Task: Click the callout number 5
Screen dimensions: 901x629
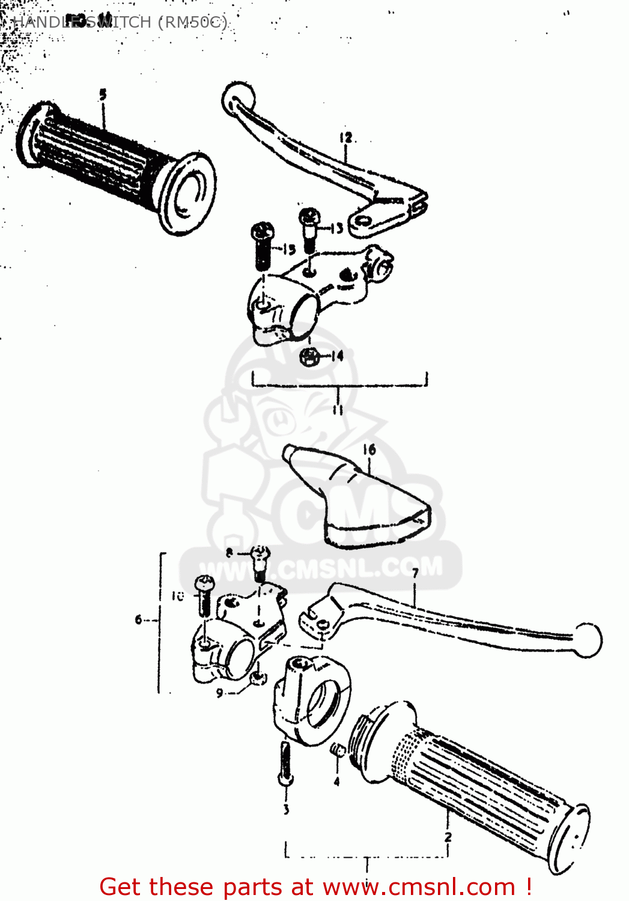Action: click(103, 95)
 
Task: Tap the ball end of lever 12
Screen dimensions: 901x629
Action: click(238, 98)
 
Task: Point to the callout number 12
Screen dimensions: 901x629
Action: click(346, 138)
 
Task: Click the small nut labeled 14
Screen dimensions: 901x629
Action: click(309, 357)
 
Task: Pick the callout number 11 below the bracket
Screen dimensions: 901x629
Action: click(338, 410)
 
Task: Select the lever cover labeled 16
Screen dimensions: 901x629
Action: click(354, 499)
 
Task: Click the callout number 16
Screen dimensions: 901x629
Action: click(369, 449)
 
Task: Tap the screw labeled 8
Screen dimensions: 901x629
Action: click(260, 562)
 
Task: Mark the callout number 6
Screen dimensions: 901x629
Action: click(139, 619)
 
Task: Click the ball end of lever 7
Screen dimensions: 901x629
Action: click(587, 640)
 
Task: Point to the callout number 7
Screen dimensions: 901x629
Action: click(415, 574)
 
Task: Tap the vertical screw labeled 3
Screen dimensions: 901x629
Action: click(285, 763)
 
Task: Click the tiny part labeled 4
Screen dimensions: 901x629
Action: click(337, 750)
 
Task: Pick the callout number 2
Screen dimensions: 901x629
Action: click(448, 837)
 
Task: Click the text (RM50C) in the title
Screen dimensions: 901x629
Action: click(192, 22)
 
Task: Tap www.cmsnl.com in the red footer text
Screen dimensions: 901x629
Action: click(419, 887)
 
